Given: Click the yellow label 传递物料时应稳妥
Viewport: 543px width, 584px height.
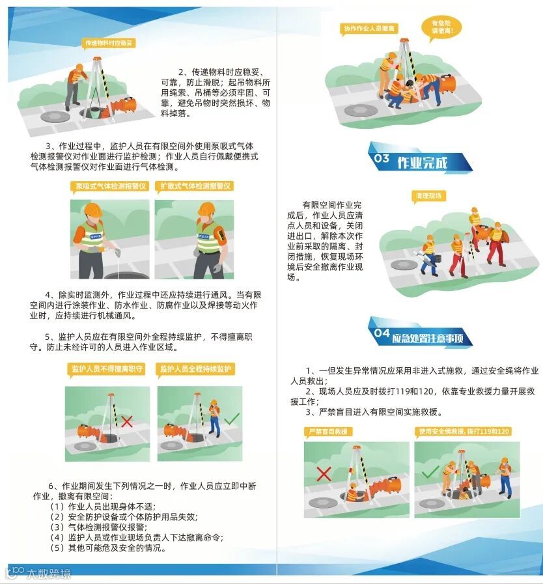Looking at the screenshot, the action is (108, 44).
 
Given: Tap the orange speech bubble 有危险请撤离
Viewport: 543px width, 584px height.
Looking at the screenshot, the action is (441, 27).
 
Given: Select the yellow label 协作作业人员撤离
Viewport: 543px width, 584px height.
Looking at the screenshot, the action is (369, 29).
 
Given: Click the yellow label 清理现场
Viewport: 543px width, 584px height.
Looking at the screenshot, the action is (428, 196).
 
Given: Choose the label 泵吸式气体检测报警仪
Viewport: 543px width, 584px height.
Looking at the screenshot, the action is (111, 186).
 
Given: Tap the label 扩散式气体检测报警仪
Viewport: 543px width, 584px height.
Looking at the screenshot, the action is (195, 186).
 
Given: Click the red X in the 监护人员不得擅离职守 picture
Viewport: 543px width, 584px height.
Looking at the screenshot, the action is (127, 422).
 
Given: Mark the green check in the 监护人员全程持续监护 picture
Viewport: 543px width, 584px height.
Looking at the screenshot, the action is (232, 419).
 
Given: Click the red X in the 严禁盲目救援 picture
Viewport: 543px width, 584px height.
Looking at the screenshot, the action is (324, 474).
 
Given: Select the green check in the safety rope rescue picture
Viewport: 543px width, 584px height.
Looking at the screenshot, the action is (430, 472).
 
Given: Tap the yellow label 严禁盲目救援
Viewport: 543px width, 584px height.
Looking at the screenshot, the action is (327, 432).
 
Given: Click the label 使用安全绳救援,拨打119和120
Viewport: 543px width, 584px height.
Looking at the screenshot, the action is (464, 432).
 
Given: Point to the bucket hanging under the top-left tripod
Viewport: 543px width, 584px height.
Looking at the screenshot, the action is (94, 113).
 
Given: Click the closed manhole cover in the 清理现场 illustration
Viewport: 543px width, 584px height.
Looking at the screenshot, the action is (404, 265).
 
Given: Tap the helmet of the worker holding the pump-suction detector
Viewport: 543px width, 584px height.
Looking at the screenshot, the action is (92, 210).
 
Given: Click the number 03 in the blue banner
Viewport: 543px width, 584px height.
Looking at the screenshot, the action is (382, 159).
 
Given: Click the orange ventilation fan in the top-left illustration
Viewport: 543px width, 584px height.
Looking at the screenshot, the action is (122, 106).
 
